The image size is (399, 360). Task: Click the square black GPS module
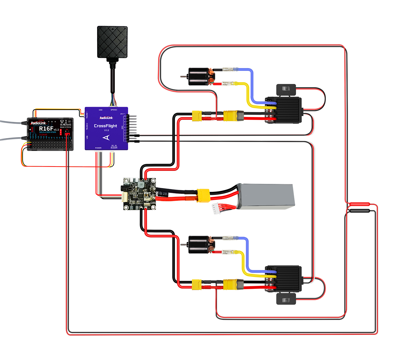click(x=112, y=42)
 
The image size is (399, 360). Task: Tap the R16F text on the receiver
click(x=46, y=129)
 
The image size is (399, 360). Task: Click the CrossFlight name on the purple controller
click(x=106, y=126)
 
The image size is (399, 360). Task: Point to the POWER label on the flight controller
click(x=98, y=148)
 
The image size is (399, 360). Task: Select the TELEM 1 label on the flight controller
click(x=87, y=115)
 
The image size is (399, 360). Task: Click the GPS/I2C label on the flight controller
click(x=114, y=110)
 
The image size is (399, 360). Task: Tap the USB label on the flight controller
click(x=87, y=137)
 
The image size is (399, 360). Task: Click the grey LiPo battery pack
click(x=266, y=197)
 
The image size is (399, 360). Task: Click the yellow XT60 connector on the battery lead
click(x=203, y=195)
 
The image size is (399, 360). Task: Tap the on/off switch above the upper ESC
click(x=286, y=89)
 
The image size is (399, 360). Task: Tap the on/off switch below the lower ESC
click(x=286, y=299)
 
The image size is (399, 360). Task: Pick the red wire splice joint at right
click(x=359, y=204)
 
